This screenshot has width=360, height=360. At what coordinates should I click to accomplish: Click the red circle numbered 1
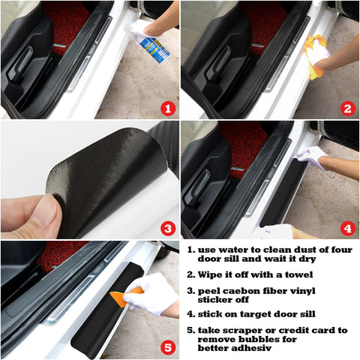pyautogui.click(x=167, y=108)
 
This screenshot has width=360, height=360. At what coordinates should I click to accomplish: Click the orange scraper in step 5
pyautogui.click(x=126, y=296)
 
